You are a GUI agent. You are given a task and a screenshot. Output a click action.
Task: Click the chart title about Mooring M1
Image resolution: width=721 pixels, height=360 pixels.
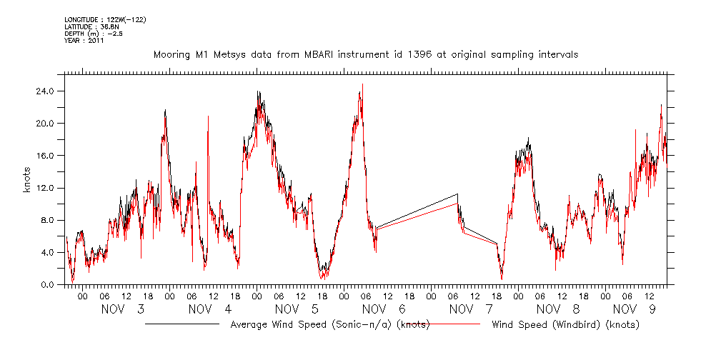366,54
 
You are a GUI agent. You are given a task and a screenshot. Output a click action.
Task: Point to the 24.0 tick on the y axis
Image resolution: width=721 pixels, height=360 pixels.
46,91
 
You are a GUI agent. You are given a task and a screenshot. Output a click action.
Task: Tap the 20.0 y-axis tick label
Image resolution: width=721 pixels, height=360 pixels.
46,124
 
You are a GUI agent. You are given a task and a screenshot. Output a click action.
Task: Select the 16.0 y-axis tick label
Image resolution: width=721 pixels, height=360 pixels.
46,156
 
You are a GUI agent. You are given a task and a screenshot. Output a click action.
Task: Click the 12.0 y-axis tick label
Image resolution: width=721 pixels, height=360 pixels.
46,188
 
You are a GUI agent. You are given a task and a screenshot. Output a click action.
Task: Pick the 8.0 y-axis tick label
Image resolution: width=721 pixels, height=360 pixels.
47,220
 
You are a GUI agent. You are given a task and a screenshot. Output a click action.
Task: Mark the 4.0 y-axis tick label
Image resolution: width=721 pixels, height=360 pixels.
47,252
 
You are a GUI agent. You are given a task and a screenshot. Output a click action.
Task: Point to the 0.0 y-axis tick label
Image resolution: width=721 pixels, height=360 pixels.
47,284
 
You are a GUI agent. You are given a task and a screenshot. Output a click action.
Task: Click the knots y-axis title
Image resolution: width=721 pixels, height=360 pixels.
26,188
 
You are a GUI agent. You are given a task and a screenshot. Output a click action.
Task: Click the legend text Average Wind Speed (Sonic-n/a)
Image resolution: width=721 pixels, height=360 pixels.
329,325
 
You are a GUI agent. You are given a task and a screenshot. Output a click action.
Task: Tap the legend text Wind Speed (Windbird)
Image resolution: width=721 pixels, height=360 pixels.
565,325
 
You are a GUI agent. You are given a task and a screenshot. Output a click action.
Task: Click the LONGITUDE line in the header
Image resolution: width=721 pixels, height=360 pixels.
105,20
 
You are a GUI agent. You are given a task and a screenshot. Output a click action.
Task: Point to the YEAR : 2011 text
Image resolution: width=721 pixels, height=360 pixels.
84,41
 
